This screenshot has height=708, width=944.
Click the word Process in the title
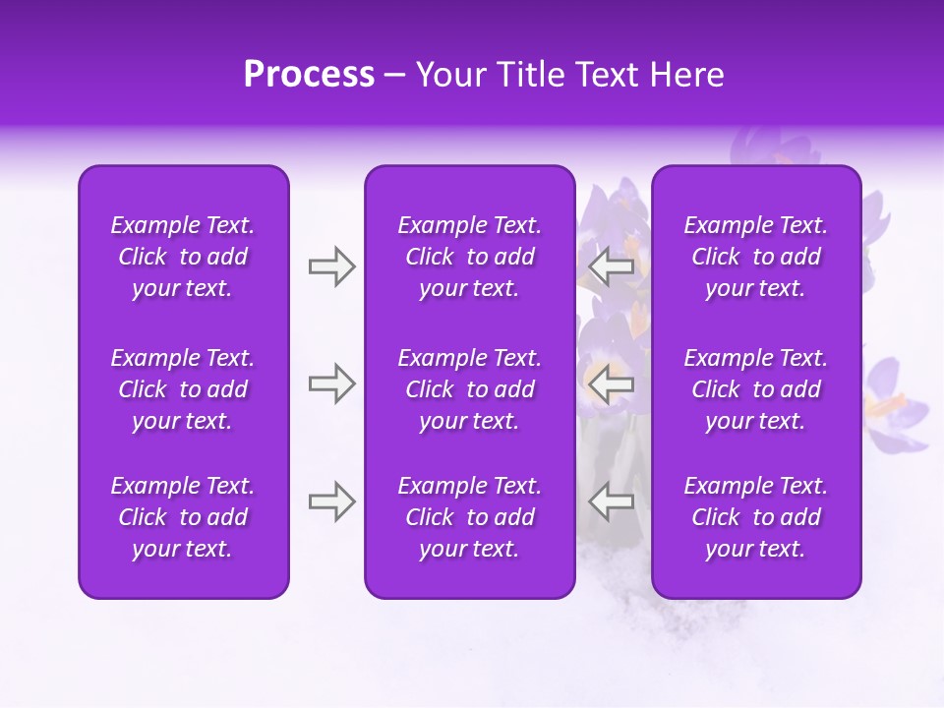(309, 75)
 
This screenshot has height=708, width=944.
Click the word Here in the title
(686, 75)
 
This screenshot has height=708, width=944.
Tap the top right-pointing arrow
(331, 266)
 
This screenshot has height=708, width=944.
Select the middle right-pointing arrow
(331, 383)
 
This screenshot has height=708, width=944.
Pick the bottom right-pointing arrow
(331, 501)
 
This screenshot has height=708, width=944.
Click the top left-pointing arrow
(611, 266)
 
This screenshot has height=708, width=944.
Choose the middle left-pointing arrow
(611, 383)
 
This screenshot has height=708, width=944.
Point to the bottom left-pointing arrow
(611, 501)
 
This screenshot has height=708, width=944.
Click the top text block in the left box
(183, 257)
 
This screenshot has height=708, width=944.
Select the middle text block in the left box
(183, 389)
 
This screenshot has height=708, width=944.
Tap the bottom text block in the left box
(183, 517)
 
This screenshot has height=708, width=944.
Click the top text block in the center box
(469, 257)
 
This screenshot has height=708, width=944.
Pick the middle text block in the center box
(469, 389)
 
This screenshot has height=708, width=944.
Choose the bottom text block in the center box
(469, 517)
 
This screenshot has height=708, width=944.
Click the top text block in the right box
(755, 257)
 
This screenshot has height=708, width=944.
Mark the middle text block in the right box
(755, 389)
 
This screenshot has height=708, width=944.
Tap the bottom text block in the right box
(755, 517)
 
